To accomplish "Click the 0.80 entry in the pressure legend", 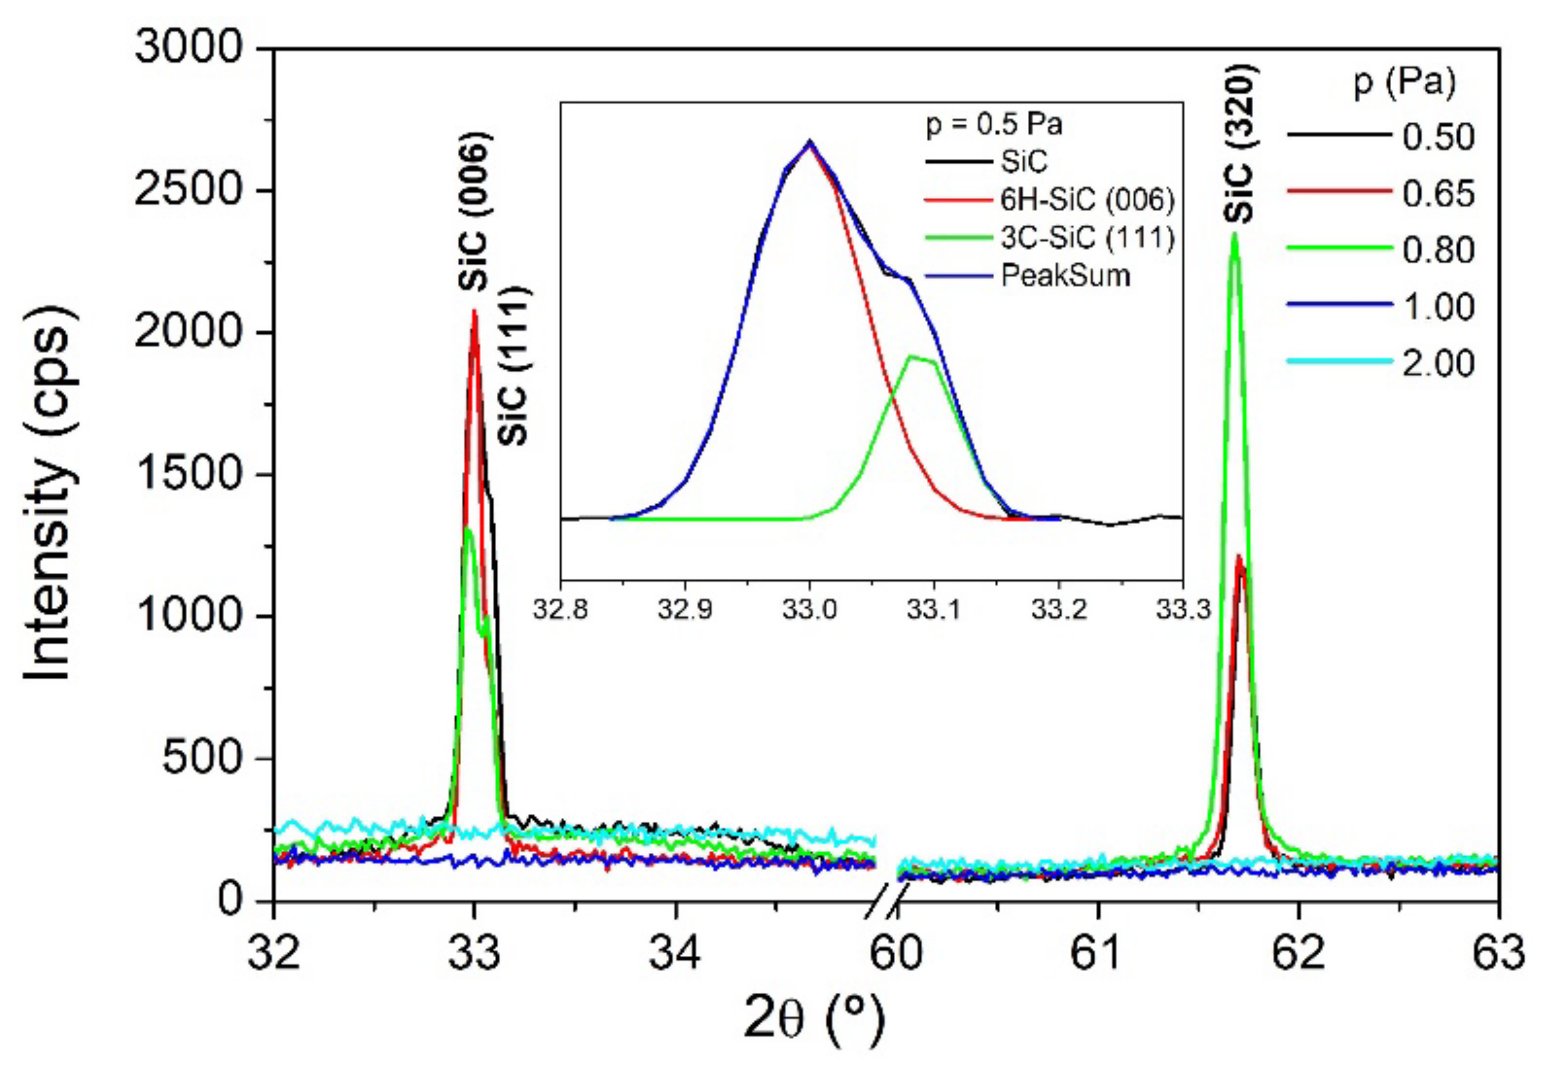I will click(1438, 251).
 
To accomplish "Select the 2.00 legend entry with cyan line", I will click(1438, 364).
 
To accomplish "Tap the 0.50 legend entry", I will click(1438, 137).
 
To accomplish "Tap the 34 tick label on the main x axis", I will click(675, 953).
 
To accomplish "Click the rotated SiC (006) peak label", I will click(475, 211).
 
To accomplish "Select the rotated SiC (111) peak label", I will click(513, 366).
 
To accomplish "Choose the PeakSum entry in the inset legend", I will click(1065, 275).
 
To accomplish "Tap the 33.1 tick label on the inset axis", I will click(934, 609).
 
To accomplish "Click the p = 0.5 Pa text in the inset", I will click(994, 125).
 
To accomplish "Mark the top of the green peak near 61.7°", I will click(1233, 235).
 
